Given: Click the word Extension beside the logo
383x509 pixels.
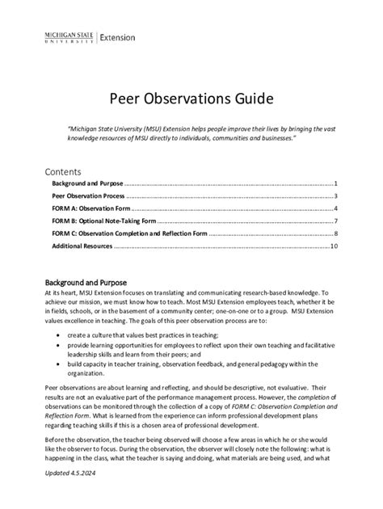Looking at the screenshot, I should click(x=117, y=38).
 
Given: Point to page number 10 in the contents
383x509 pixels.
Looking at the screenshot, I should click(x=333, y=246).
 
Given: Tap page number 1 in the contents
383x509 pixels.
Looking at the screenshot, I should click(x=335, y=185).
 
